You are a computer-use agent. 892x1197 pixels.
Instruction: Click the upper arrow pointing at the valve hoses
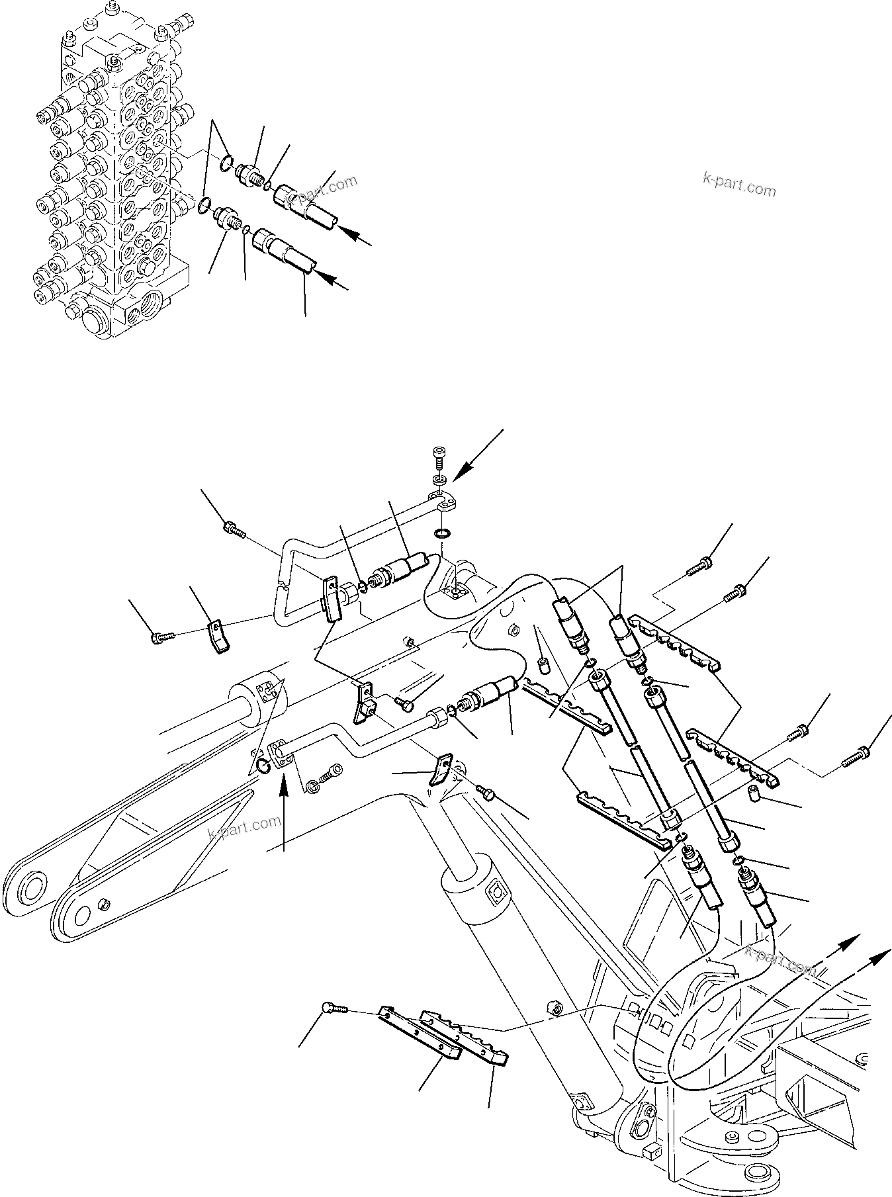pos(354,236)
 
